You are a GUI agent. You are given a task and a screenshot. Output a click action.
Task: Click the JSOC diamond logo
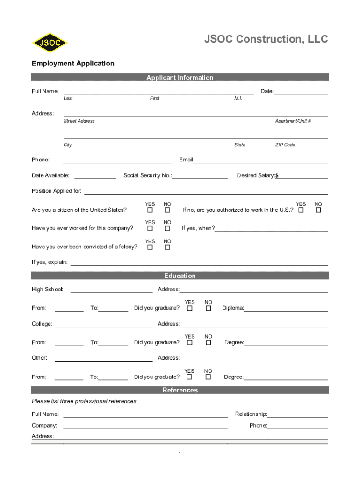pos(50,43)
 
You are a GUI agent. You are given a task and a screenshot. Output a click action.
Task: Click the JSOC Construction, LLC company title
pos(266,39)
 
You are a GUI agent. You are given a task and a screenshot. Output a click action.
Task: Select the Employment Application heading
pos(73,63)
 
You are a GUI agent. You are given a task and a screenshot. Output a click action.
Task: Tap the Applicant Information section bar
pos(180,78)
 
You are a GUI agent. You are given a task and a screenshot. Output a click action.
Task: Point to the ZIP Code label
pos(285,145)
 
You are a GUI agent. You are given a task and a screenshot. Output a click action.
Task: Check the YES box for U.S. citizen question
pos(150,210)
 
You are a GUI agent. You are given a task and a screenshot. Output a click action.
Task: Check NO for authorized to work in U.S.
pos(318,210)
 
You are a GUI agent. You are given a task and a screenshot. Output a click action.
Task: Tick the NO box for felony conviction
pos(167,247)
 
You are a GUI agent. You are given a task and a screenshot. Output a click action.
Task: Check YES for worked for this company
pos(150,228)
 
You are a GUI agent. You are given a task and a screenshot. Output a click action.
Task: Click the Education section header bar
pos(180,276)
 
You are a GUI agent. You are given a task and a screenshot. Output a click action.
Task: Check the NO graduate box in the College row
pos(209,342)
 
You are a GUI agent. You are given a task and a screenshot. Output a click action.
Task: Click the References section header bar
pos(180,390)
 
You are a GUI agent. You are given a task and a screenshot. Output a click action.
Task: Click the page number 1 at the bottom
pos(180,454)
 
